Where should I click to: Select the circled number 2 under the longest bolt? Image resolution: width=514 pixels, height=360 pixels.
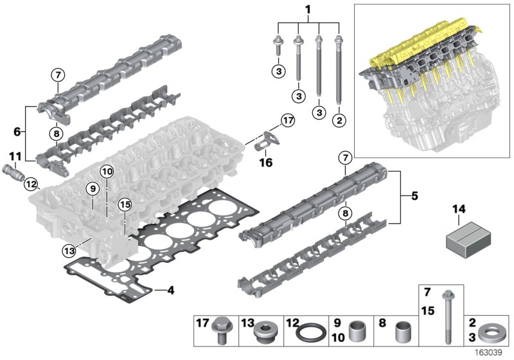(x=338, y=119)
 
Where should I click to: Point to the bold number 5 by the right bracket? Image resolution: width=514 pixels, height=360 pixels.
(x=414, y=195)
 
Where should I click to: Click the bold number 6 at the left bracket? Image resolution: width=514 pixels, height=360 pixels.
(x=17, y=132)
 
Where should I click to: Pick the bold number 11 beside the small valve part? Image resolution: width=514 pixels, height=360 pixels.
(x=15, y=156)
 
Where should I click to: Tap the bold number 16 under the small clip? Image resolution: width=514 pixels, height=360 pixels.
(x=265, y=163)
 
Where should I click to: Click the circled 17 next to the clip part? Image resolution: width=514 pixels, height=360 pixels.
(x=286, y=119)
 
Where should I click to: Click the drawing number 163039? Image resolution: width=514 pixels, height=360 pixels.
(x=494, y=352)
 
